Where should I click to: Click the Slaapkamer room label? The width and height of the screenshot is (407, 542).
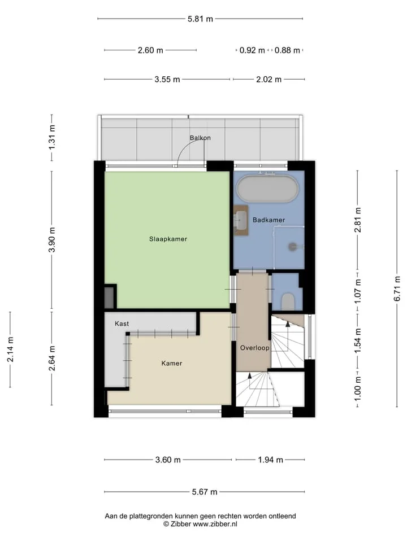tap(168, 239)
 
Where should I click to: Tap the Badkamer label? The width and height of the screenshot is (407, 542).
tap(269, 220)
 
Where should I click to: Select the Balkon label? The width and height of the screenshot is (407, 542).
tap(200, 138)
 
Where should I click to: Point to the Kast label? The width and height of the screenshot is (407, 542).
tap(122, 324)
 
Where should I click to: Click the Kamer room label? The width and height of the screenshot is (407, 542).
tap(172, 363)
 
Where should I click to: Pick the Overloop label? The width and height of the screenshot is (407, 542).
tap(255, 348)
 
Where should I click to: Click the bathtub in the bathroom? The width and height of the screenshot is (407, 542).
tap(267, 189)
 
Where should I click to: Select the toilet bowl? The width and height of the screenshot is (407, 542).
tap(288, 301)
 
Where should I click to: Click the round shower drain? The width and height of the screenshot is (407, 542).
tap(293, 247)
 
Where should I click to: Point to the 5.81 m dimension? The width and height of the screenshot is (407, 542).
tap(200, 19)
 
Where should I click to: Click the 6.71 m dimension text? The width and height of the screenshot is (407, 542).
tap(397, 289)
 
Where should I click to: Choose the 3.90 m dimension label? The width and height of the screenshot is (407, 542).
tap(52, 240)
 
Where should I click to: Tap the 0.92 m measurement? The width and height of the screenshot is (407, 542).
tap(252, 50)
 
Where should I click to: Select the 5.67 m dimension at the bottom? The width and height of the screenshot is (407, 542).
tap(205, 492)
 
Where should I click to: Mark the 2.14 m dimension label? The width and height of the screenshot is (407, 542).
tap(10, 349)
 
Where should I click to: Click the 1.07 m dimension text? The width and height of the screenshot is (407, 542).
tap(358, 291)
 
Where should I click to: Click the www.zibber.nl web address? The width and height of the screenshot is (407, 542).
tap(215, 524)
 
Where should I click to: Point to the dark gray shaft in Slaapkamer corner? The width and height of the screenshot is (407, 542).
tap(109, 297)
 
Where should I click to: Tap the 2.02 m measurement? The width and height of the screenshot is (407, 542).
tap(269, 79)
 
